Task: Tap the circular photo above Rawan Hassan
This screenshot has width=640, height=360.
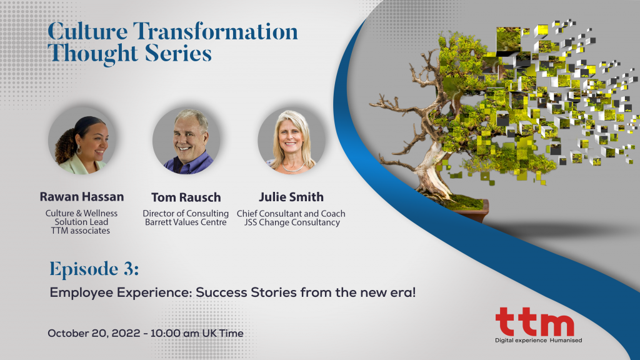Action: click(x=81, y=142)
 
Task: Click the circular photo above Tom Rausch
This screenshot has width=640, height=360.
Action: click(x=186, y=142)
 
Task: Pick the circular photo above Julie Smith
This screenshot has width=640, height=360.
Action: click(x=291, y=142)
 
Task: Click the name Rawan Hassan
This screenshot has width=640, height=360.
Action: click(x=81, y=197)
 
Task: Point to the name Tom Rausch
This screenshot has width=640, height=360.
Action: click(x=187, y=197)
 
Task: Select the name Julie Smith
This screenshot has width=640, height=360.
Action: click(x=291, y=197)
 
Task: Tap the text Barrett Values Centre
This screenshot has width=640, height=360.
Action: click(x=187, y=222)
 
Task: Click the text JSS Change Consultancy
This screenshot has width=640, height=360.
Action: click(x=291, y=222)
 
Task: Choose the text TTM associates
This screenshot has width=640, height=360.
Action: click(x=81, y=231)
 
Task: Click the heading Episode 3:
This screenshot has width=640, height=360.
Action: click(x=94, y=269)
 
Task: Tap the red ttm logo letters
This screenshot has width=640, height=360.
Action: click(x=534, y=323)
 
